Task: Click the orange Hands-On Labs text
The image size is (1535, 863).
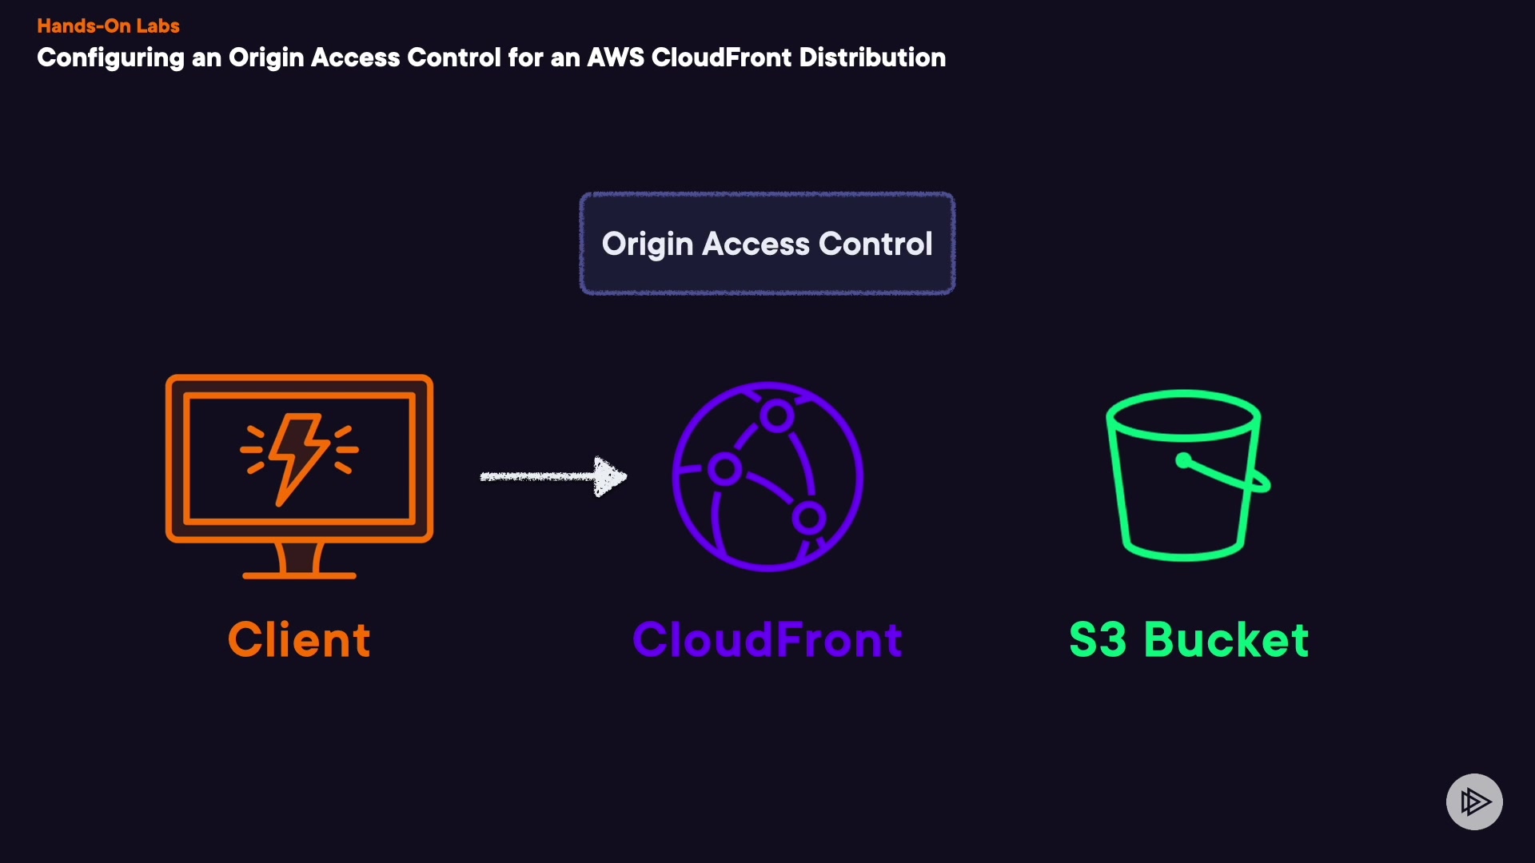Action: point(108,26)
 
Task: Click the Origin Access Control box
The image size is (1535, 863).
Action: point(767,244)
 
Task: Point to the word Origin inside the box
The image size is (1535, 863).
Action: point(647,245)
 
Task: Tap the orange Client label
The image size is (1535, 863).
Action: point(299,640)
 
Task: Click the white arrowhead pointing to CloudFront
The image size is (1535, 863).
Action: point(610,476)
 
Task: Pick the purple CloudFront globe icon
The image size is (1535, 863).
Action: point(767,476)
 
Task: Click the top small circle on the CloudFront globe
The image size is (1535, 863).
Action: point(776,415)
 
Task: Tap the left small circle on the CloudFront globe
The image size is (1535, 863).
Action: point(724,469)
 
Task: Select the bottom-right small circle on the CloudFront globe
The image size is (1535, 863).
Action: point(809,519)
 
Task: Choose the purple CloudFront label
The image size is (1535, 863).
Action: point(767,640)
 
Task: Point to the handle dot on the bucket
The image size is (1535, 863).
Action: point(1184,459)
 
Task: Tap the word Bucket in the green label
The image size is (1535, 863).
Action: point(1226,640)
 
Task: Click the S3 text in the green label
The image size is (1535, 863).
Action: point(1098,640)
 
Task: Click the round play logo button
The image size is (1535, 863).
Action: point(1474,801)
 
